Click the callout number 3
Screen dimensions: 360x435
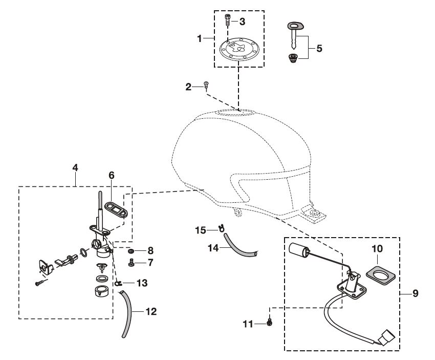pyautogui.click(x=242, y=22)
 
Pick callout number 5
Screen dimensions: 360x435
pyautogui.click(x=319, y=49)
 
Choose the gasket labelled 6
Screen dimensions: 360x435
pyautogui.click(x=115, y=209)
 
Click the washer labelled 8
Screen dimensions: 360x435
pyautogui.click(x=132, y=251)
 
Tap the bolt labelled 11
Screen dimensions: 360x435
pyautogui.click(x=269, y=323)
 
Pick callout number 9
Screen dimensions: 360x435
pyautogui.click(x=416, y=294)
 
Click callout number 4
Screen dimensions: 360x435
pyautogui.click(x=75, y=167)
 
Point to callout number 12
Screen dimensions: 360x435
pyautogui.click(x=151, y=311)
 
